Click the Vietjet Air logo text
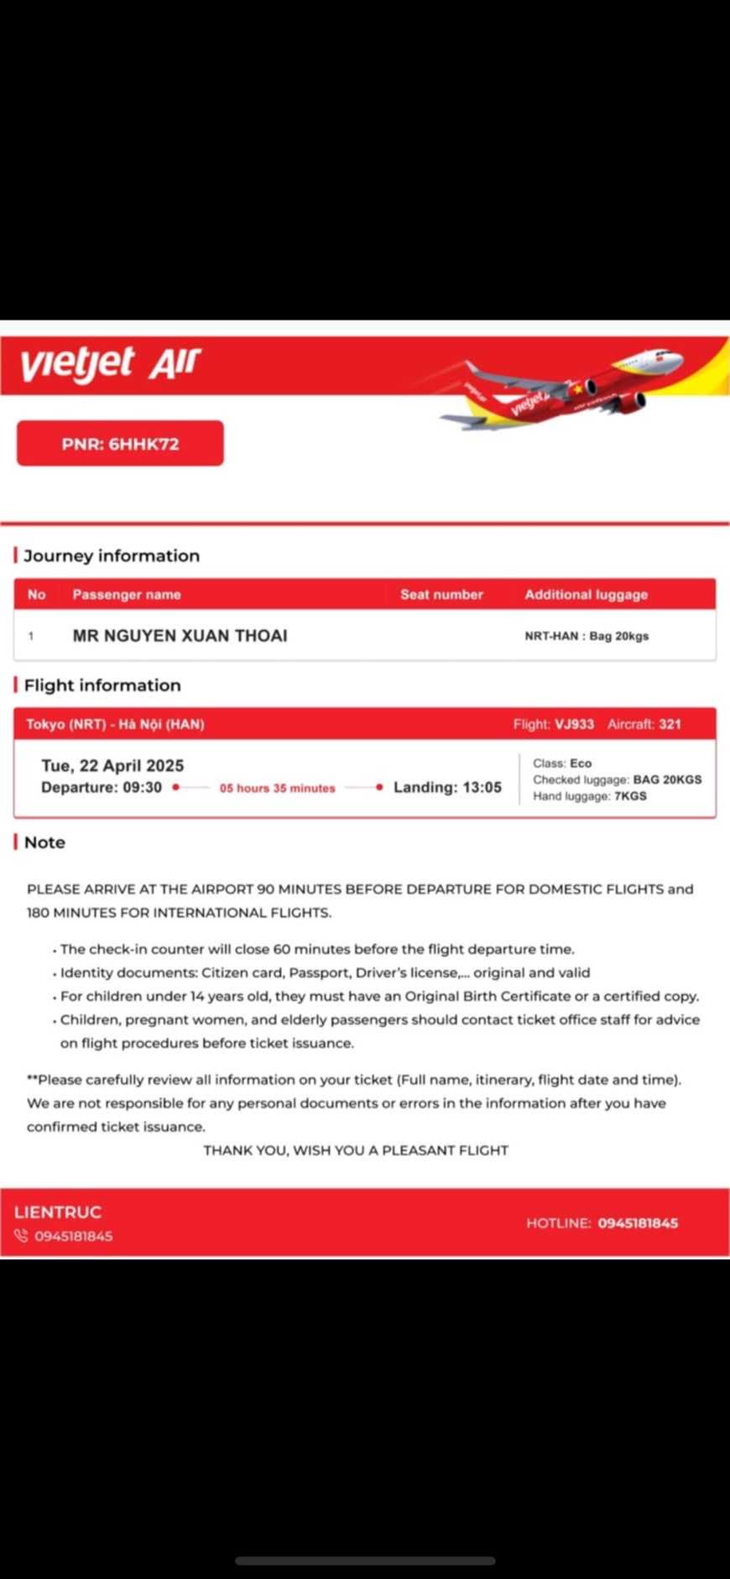tap(111, 363)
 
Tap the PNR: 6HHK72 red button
tap(120, 444)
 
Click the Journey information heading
tap(112, 555)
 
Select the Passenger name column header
tap(127, 594)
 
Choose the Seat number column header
tap(441, 594)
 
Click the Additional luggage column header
tap(586, 594)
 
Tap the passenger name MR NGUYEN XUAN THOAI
tap(180, 635)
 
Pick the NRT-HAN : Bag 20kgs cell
tap(587, 636)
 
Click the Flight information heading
tap(102, 685)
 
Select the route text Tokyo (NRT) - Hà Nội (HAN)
tap(115, 724)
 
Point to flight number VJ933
tap(574, 724)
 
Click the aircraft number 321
tap(670, 724)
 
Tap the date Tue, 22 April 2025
tap(112, 765)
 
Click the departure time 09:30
tap(142, 787)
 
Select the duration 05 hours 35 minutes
tap(277, 788)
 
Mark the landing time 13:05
tap(482, 787)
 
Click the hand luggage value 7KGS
tap(630, 796)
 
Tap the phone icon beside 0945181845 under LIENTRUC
tap(21, 1236)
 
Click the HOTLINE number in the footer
tap(638, 1223)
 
